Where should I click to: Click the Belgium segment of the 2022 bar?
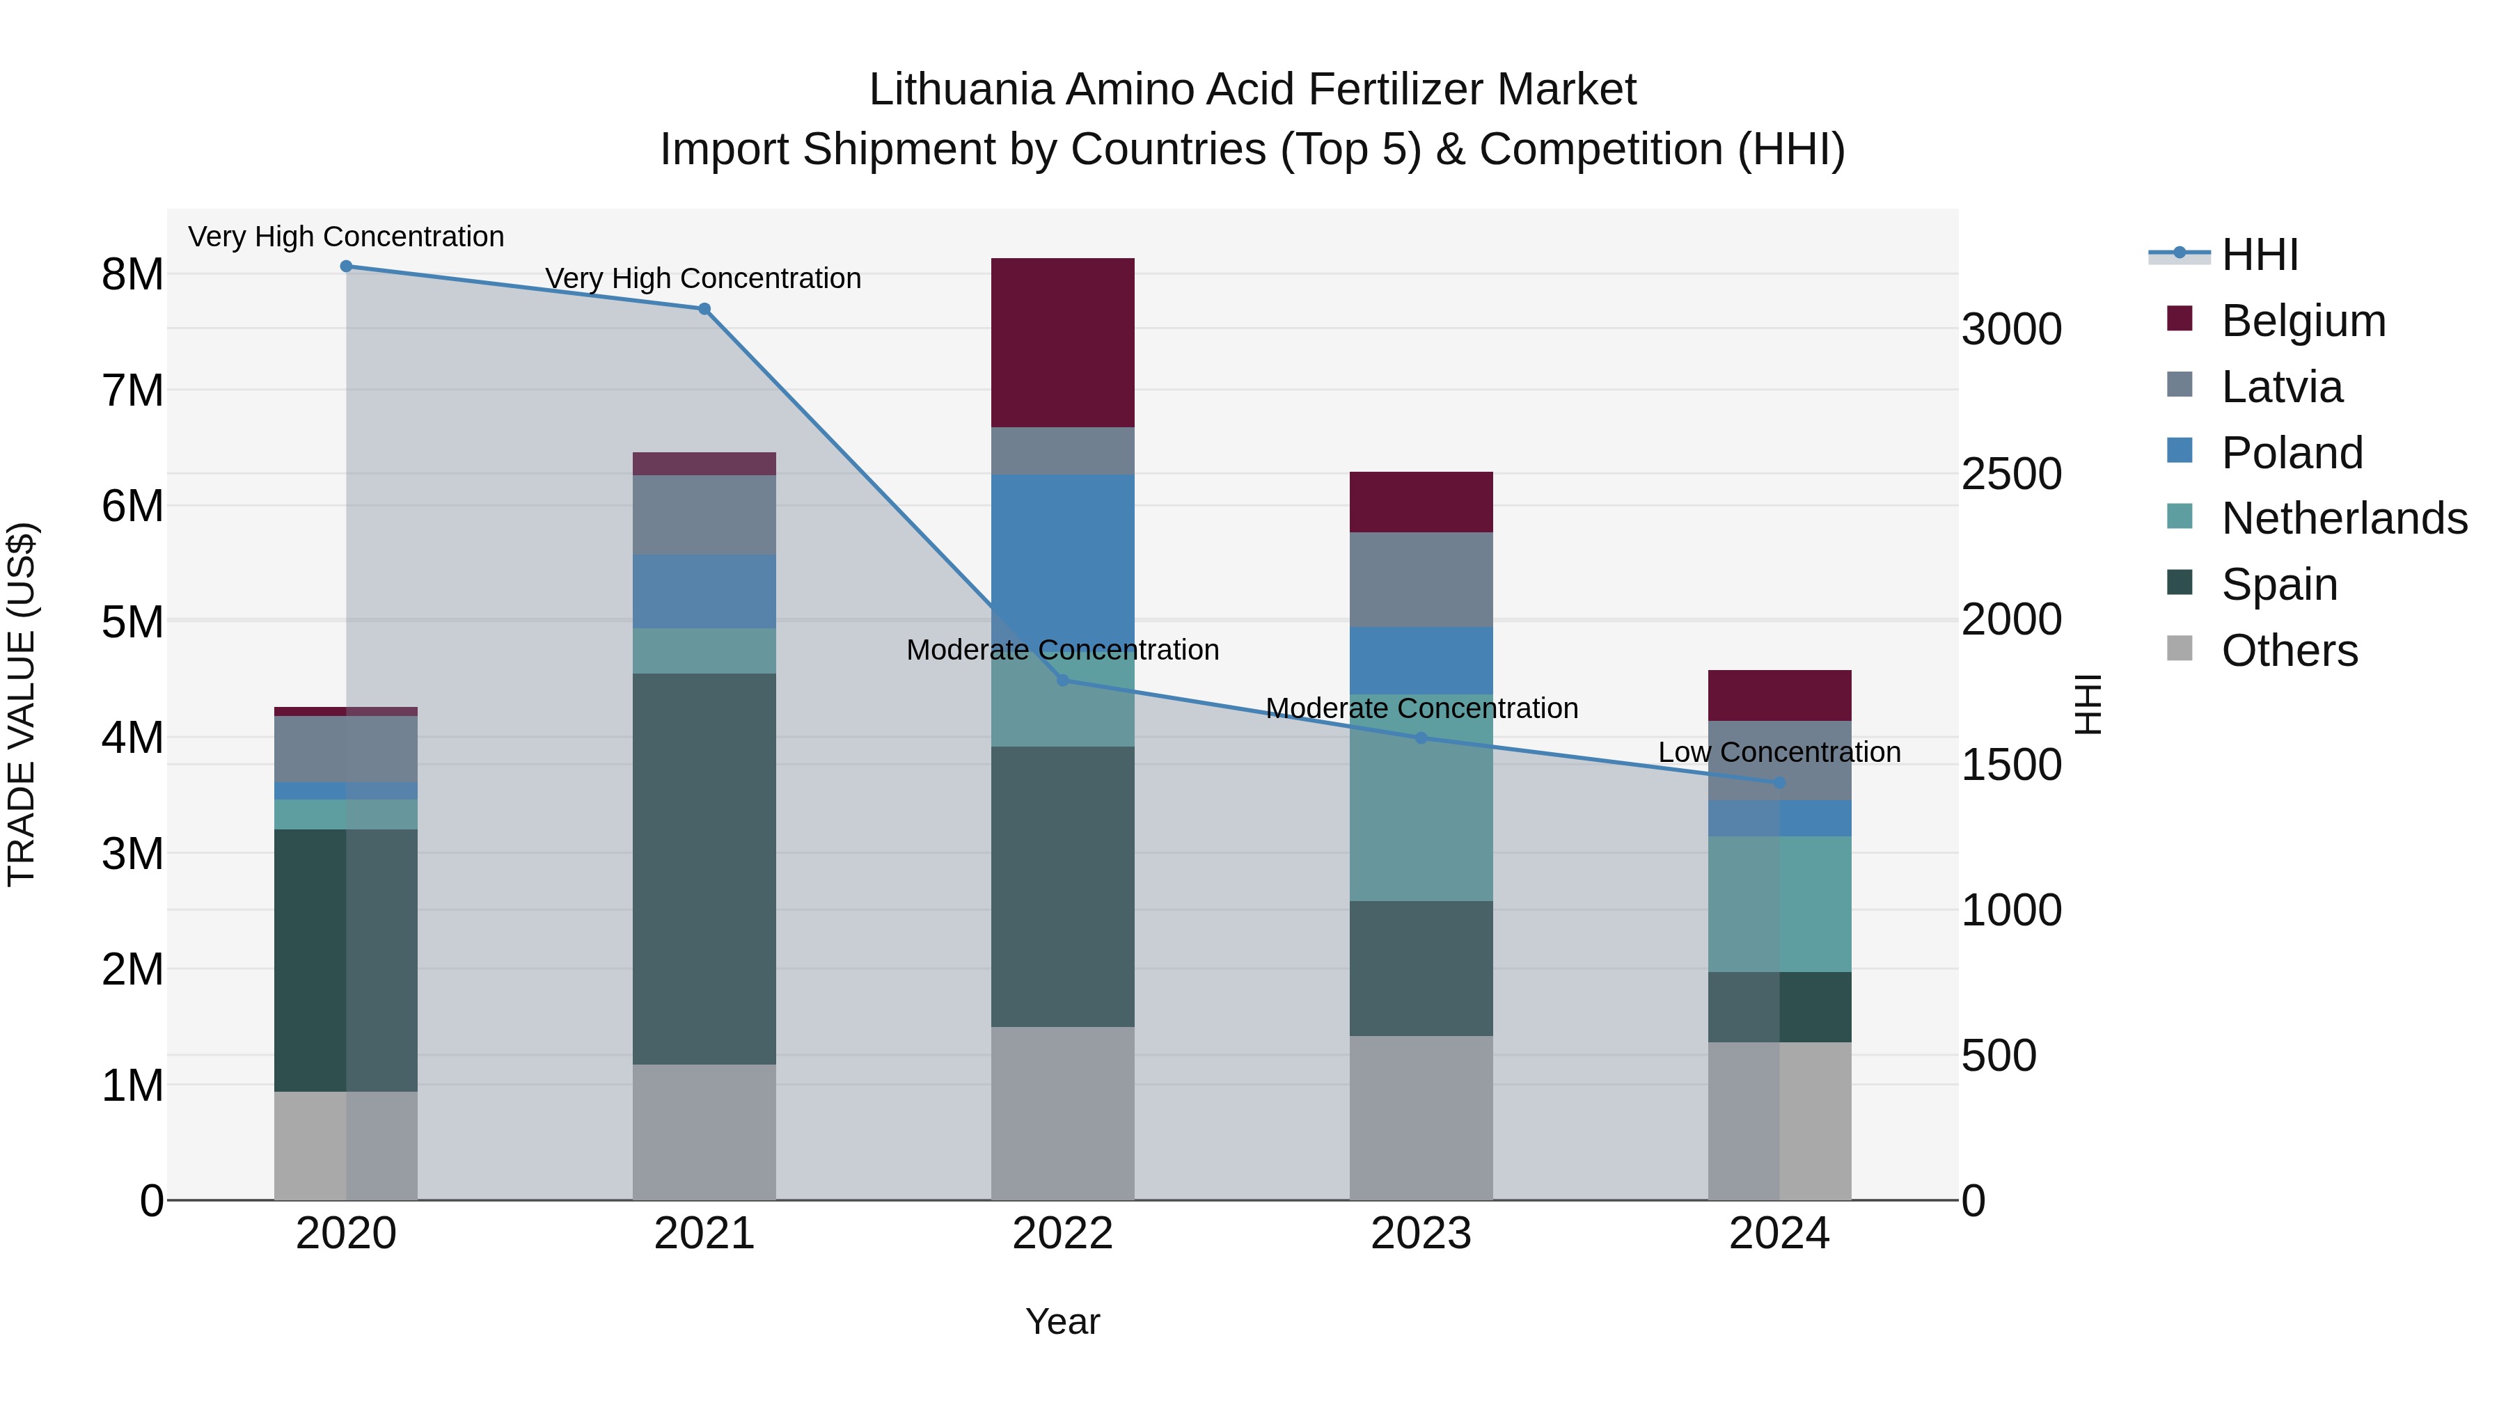point(1062,342)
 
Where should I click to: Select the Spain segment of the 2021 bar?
point(704,868)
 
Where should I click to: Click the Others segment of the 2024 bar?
point(1779,1120)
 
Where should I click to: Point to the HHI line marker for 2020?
point(347,266)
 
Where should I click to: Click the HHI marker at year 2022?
point(1062,680)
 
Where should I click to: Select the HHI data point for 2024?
point(1779,783)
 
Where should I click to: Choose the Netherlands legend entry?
point(2345,518)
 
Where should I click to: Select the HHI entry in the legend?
point(2260,255)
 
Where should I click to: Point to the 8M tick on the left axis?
point(132,275)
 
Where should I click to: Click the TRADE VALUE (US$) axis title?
point(22,704)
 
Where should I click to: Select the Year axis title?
point(1062,1321)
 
